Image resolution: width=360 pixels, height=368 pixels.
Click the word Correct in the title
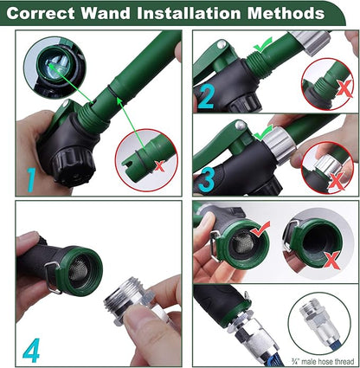tap(54, 15)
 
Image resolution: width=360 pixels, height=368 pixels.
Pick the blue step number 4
tap(30, 350)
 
